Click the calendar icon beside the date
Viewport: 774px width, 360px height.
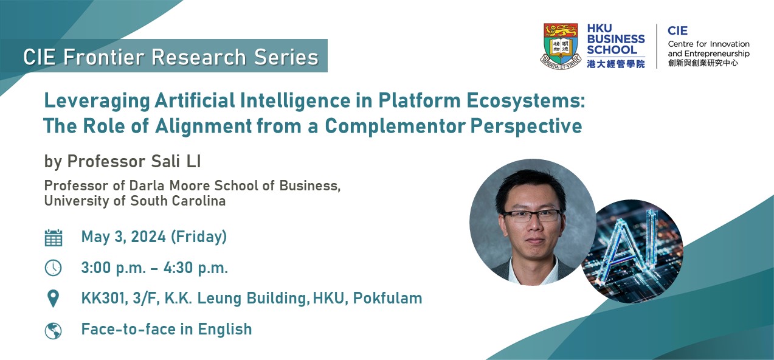coord(54,238)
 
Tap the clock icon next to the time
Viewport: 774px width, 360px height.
coord(54,268)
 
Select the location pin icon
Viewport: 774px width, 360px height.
coord(54,299)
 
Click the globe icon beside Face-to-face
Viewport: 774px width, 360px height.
coord(54,331)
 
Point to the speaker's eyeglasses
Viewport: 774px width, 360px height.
coord(532,216)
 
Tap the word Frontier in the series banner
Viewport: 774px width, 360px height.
coord(103,57)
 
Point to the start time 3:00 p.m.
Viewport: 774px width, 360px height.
coord(113,268)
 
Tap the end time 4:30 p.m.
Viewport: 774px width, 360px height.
coord(196,268)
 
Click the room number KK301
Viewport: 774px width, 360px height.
coord(105,299)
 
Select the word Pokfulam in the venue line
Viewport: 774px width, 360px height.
coord(387,298)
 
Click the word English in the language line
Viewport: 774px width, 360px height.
coord(224,330)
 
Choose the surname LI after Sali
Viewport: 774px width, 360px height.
coord(193,161)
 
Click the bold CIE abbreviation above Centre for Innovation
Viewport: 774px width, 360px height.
coord(677,31)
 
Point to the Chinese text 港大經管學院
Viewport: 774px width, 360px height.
coord(616,64)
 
